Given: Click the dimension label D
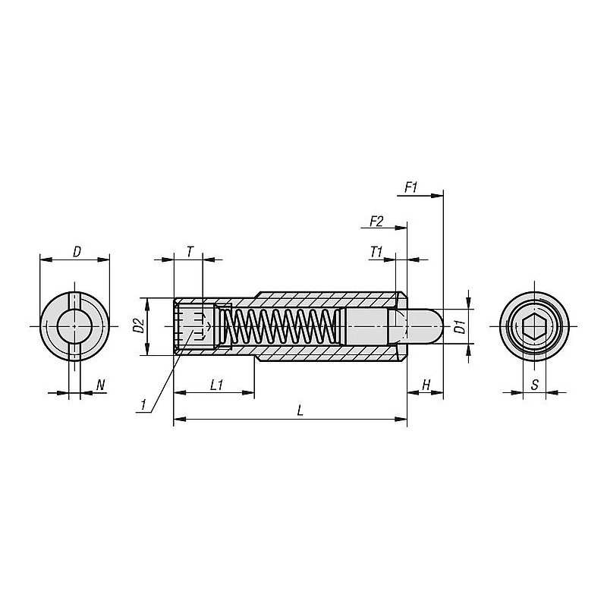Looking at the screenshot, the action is coord(77,252).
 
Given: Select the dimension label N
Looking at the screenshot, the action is coord(101,385).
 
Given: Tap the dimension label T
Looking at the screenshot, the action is coord(190,252).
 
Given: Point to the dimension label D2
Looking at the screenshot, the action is coord(139,326).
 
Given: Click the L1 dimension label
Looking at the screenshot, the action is coord(217,385).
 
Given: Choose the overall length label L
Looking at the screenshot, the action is coord(300,410).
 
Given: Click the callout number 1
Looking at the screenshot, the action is coord(143,405).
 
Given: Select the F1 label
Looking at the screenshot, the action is coord(410,187).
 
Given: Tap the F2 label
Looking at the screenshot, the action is coord(376,222).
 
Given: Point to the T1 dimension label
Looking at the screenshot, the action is coord(376,253).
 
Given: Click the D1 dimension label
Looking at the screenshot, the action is coord(460,327).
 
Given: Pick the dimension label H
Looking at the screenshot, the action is coord(426,385).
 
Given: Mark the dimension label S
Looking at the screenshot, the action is coord(535,385).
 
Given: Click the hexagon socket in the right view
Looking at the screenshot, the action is coord(534,327).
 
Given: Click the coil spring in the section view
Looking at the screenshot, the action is coord(281,327).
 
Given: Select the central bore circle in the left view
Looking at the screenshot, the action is coord(74,327).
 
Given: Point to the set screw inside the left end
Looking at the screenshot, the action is coord(195,327).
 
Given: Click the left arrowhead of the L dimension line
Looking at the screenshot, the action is coord(180,419).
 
